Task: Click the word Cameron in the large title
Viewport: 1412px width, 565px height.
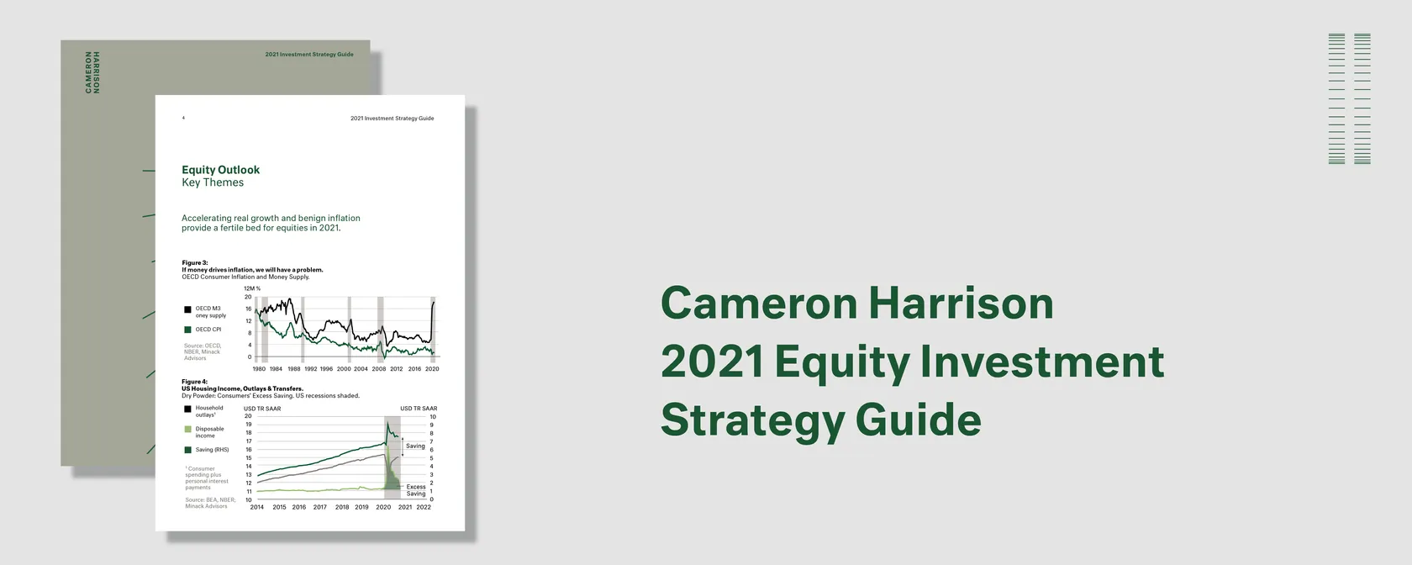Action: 756,304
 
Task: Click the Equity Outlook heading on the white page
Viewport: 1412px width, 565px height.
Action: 220,170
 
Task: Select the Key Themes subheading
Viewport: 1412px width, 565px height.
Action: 213,182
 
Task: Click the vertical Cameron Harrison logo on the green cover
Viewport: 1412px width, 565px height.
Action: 92,72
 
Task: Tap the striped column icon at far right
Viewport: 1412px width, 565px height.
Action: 1349,99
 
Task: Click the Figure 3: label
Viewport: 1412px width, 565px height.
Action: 194,263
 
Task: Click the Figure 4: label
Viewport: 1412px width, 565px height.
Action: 194,382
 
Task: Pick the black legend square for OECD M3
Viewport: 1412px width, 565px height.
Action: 187,309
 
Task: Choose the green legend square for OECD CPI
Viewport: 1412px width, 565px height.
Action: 187,330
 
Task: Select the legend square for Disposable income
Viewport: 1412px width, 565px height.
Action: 187,430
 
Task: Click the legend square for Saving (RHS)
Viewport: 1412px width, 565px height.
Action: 187,450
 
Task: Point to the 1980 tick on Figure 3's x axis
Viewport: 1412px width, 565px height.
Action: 259,368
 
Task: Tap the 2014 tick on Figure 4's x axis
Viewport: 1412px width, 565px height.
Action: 256,507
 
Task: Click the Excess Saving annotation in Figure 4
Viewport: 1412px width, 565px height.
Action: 416,490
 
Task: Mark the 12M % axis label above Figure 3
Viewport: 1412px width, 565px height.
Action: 252,288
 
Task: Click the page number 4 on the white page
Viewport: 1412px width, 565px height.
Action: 183,118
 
